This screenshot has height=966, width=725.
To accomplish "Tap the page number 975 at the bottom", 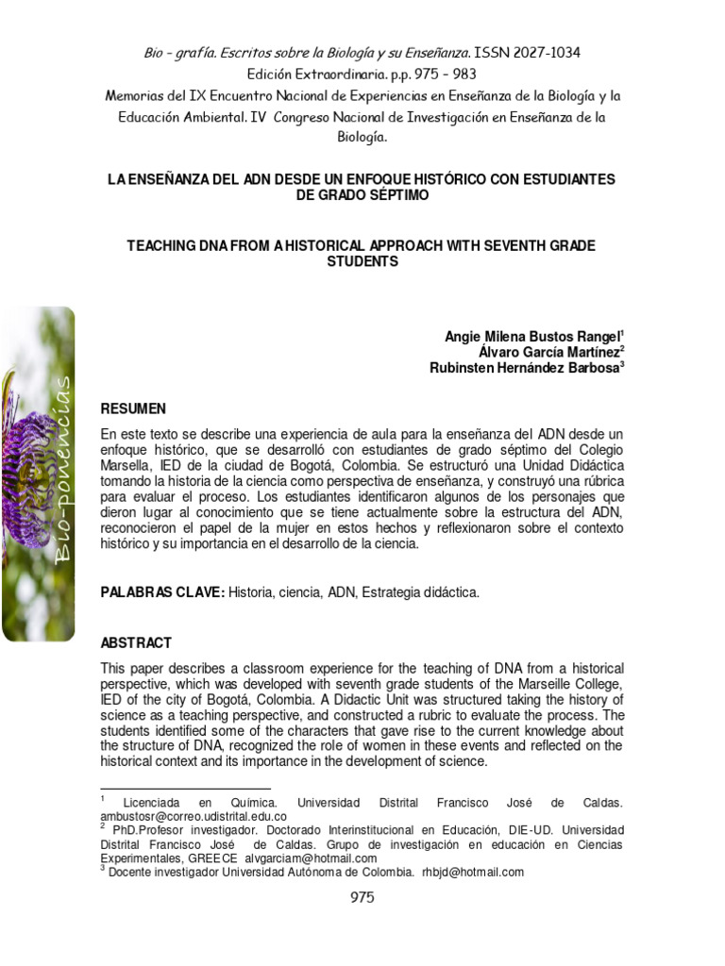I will click(362, 897).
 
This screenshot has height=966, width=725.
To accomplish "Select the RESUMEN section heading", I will click(133, 408).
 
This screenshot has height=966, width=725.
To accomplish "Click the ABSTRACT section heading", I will click(136, 642).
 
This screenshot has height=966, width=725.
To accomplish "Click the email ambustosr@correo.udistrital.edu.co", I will click(194, 816).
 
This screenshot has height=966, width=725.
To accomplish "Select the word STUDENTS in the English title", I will click(362, 261).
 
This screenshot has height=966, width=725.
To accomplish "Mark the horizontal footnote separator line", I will click(185, 789).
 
